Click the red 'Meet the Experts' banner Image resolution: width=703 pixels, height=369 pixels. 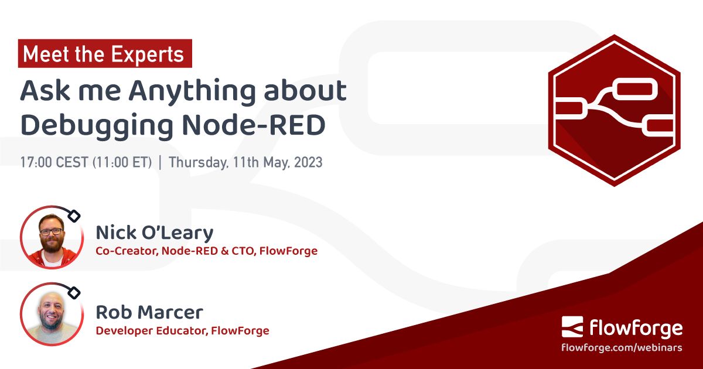click(x=104, y=54)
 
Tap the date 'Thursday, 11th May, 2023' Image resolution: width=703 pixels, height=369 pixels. click(x=245, y=162)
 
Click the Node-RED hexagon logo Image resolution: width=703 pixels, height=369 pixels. click(x=614, y=110)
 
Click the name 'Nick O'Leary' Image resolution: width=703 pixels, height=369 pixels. click(x=155, y=233)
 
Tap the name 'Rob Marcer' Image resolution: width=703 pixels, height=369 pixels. click(x=149, y=311)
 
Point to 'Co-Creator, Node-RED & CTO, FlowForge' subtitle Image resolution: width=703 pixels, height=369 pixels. click(x=206, y=251)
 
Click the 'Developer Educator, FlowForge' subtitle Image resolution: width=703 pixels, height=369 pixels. click(x=182, y=330)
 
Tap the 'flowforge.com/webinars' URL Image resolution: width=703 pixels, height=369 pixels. click(x=622, y=347)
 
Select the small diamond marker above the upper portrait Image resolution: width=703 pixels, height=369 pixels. click(x=74, y=216)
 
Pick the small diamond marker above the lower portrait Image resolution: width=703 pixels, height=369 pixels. click(x=74, y=292)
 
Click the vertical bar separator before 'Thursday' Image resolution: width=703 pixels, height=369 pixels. click(x=161, y=162)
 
